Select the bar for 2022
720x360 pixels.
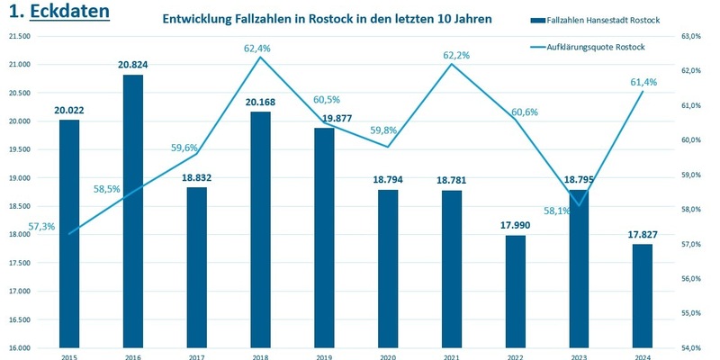coord(515,292)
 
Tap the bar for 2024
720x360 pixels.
coord(643,296)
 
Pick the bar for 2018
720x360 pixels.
coord(260,229)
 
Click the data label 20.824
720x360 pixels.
coord(132,65)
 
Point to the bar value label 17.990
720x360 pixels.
coord(515,226)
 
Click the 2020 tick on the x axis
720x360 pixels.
coord(387,356)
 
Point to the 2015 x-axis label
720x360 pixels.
coord(69,356)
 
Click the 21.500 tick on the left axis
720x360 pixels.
coord(20,36)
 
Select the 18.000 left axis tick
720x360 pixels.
coord(20,235)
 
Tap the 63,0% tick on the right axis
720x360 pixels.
coord(689,36)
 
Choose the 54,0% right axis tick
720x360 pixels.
coord(689,347)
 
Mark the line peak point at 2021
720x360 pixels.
coord(451,64)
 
